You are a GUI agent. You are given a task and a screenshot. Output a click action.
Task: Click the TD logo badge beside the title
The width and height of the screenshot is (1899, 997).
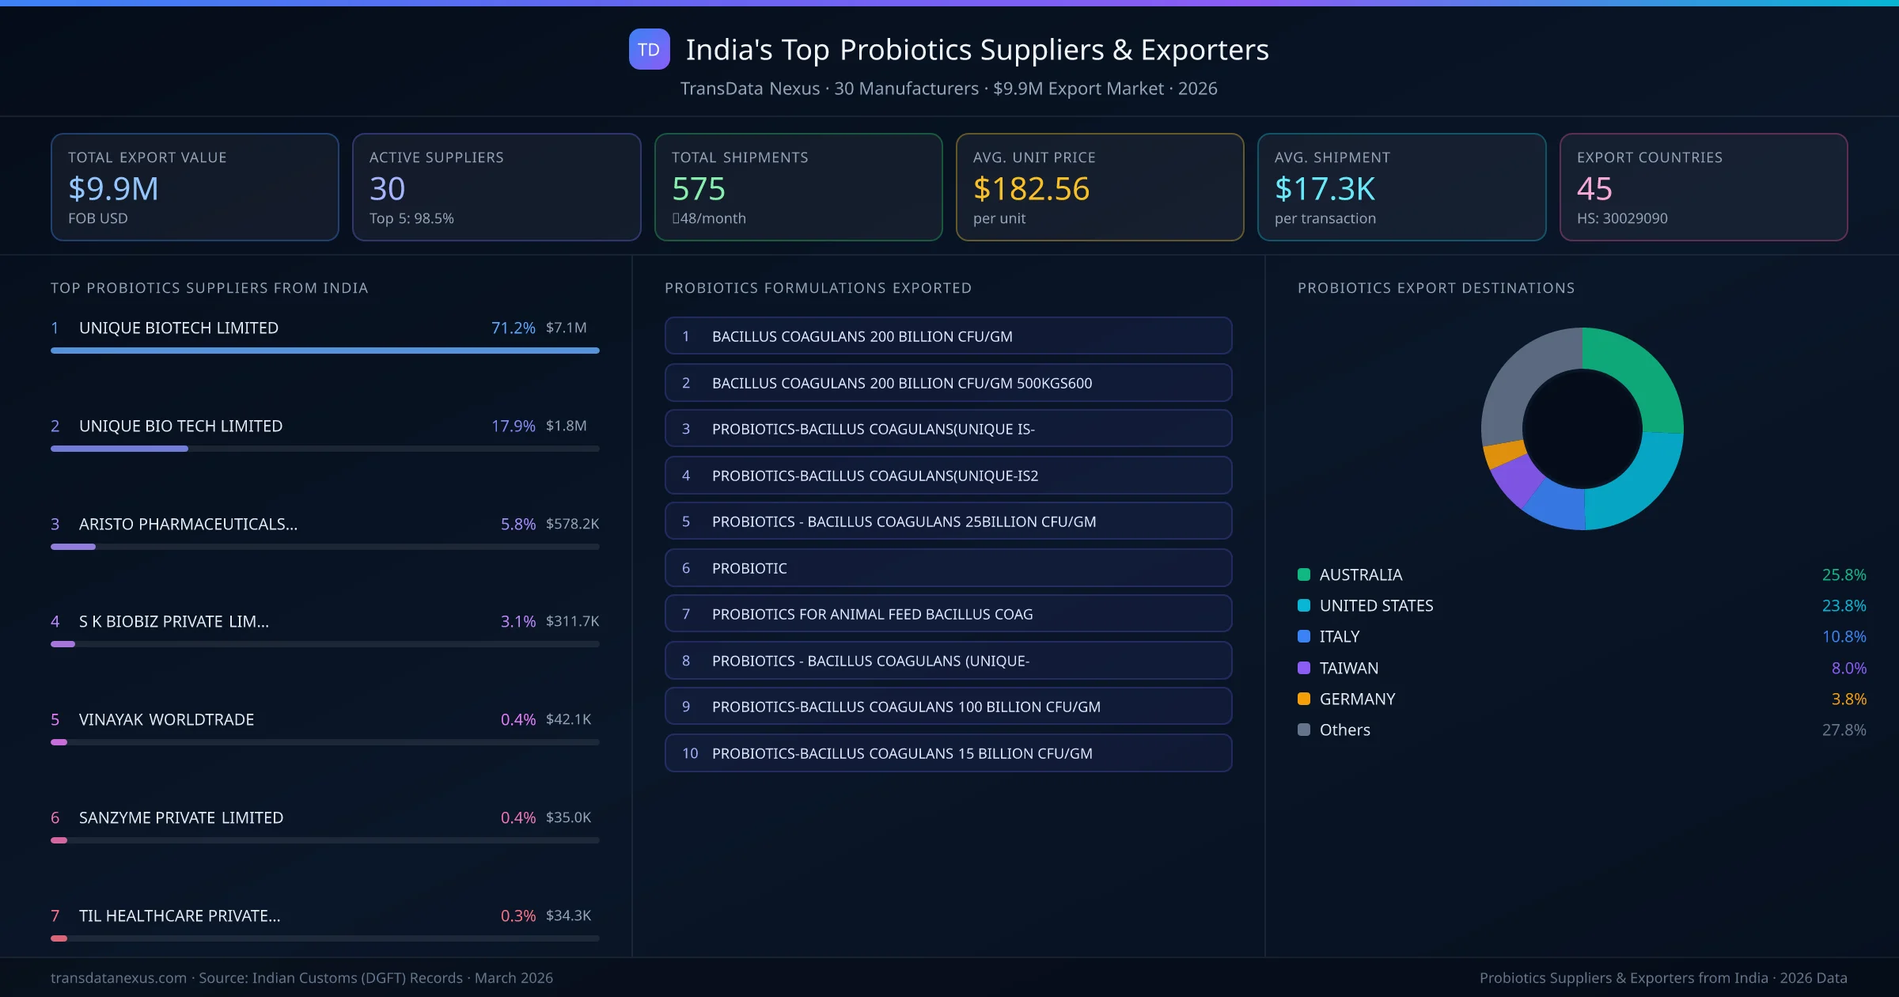(x=649, y=49)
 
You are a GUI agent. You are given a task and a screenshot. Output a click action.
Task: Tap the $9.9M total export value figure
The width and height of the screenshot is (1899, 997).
(x=113, y=189)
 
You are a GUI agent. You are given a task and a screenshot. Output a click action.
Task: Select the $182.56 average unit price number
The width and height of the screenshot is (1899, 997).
(x=1031, y=189)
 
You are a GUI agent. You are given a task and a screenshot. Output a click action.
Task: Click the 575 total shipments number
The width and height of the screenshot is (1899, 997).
(x=698, y=189)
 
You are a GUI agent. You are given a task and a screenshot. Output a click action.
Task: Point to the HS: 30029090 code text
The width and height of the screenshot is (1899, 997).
(x=1621, y=218)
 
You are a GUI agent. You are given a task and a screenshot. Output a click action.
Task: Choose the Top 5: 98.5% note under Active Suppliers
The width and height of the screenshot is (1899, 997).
(x=411, y=218)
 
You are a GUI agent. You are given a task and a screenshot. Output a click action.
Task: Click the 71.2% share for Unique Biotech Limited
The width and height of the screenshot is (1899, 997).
(x=513, y=328)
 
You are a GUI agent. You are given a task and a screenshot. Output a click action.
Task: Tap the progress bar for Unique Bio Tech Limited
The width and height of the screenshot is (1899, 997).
(x=324, y=449)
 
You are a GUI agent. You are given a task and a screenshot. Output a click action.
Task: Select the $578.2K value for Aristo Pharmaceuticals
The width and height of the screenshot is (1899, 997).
(x=572, y=524)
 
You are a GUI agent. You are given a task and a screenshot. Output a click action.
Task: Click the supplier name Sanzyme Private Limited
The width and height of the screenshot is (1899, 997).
(x=181, y=817)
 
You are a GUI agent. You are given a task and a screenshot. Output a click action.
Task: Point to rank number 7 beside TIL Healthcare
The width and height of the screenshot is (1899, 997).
(x=55, y=915)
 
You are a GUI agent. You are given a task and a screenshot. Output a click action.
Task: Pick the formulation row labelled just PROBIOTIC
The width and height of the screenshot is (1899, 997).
(x=948, y=568)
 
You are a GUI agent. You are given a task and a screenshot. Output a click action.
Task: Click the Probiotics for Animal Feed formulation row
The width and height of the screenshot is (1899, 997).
(x=948, y=614)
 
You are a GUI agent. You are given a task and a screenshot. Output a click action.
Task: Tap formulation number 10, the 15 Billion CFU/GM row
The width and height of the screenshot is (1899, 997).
(x=948, y=753)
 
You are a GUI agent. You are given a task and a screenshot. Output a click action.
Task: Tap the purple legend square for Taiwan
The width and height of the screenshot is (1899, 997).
(x=1304, y=668)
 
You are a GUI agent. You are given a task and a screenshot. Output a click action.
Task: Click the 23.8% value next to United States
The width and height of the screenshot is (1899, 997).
(x=1844, y=605)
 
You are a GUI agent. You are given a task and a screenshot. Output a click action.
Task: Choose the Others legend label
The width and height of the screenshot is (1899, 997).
(x=1344, y=730)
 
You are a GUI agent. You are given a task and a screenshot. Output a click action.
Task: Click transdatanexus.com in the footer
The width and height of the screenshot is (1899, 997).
(x=119, y=978)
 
